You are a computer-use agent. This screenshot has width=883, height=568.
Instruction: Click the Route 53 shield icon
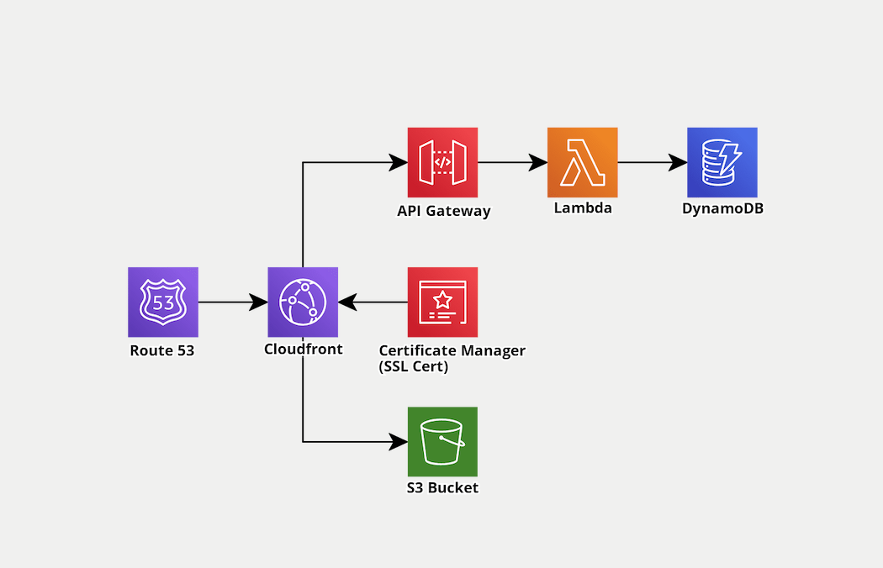coord(163,302)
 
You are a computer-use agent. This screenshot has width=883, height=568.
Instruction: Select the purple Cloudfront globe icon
coord(303,302)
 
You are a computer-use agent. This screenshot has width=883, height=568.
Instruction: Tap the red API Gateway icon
coord(442,162)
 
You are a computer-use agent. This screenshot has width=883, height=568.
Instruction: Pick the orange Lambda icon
coord(582,162)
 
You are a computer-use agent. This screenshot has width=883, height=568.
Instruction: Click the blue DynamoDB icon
coord(722,162)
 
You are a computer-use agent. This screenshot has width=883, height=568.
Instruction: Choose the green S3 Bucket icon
coord(442,441)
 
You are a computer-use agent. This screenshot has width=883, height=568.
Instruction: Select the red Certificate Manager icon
coord(442,302)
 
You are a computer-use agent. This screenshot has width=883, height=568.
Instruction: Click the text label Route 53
coord(162,350)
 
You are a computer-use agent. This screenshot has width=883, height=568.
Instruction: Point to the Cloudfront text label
coord(304,349)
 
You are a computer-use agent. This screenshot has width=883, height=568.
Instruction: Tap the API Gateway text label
coord(443,211)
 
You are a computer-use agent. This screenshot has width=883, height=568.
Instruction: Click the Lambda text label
coord(583,208)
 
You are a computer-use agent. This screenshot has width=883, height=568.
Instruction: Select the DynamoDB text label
coord(722,208)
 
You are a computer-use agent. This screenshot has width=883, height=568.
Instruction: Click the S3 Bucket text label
coord(442,487)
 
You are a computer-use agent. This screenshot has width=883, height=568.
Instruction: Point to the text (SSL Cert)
coord(414,366)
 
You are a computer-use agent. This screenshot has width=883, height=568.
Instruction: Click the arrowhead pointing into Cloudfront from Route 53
coord(258,302)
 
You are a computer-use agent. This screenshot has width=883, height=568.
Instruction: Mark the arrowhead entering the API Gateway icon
coord(398,162)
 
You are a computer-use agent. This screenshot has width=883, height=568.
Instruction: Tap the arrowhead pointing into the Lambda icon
coord(537,162)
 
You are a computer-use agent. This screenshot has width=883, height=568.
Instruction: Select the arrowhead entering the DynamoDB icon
coord(677,162)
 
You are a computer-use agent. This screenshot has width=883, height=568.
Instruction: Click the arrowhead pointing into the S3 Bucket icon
coord(398,441)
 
